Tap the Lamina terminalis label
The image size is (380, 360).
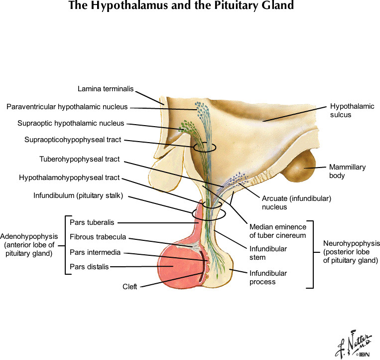(x=106, y=89)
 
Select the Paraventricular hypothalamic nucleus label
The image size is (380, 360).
(x=67, y=107)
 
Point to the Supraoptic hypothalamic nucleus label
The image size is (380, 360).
(x=71, y=123)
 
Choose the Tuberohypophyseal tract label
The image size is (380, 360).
(x=80, y=160)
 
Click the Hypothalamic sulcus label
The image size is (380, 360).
(x=352, y=110)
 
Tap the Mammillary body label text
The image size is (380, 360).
(x=347, y=172)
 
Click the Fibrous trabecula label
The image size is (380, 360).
(x=98, y=237)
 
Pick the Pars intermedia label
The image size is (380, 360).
(x=95, y=252)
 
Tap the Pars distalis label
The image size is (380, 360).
(x=89, y=267)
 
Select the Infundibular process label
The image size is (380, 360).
(x=268, y=277)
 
